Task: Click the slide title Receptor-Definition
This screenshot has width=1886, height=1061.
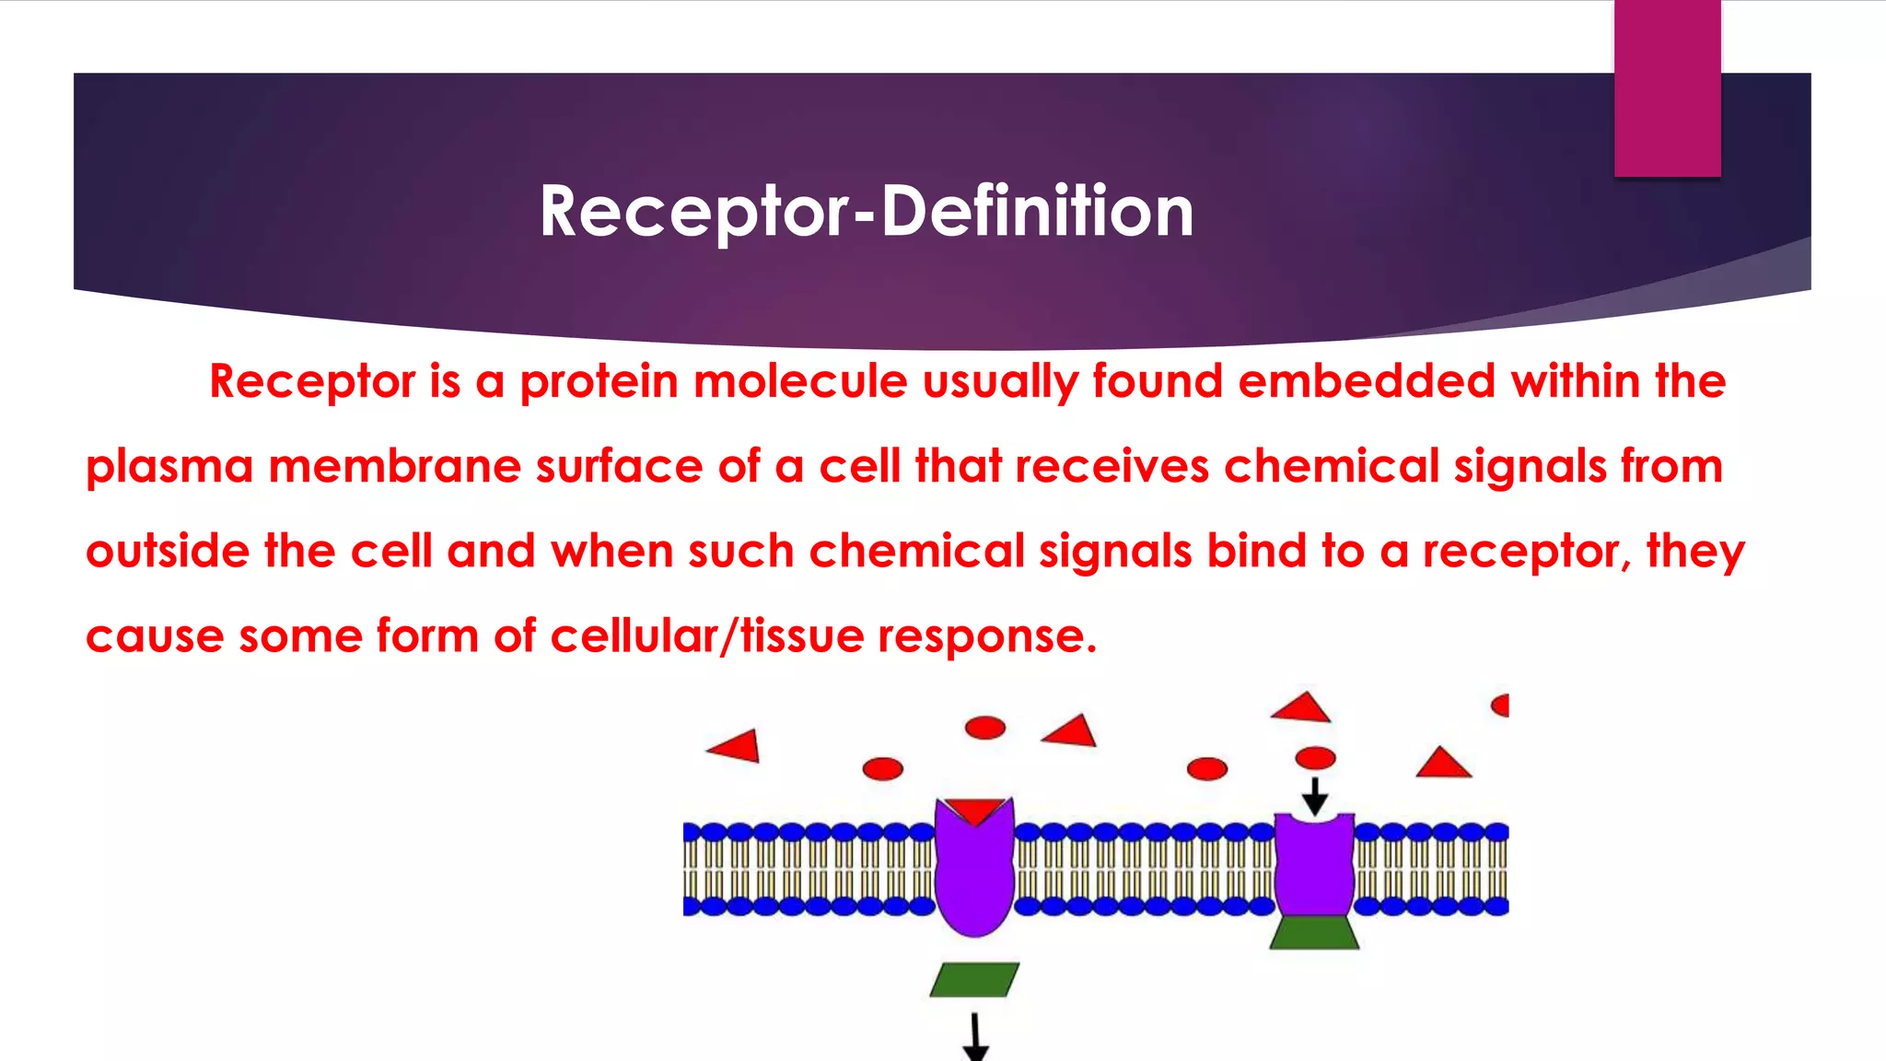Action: (x=866, y=212)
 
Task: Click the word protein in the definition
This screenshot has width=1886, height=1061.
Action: (x=599, y=381)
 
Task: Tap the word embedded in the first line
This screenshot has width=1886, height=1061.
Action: (x=1366, y=381)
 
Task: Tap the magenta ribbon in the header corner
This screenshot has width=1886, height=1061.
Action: (x=1667, y=88)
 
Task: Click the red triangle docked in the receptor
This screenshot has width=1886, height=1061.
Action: (x=975, y=810)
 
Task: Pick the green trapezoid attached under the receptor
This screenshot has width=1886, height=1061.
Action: (x=1314, y=932)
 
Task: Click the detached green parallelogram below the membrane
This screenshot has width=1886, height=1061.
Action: (x=974, y=980)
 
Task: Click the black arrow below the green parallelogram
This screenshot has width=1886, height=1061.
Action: (x=974, y=1038)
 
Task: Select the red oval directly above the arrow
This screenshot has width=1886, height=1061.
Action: (x=1315, y=758)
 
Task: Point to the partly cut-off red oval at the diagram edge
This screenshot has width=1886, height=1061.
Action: (x=1501, y=705)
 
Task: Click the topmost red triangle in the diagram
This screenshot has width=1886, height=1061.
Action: (x=1301, y=708)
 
